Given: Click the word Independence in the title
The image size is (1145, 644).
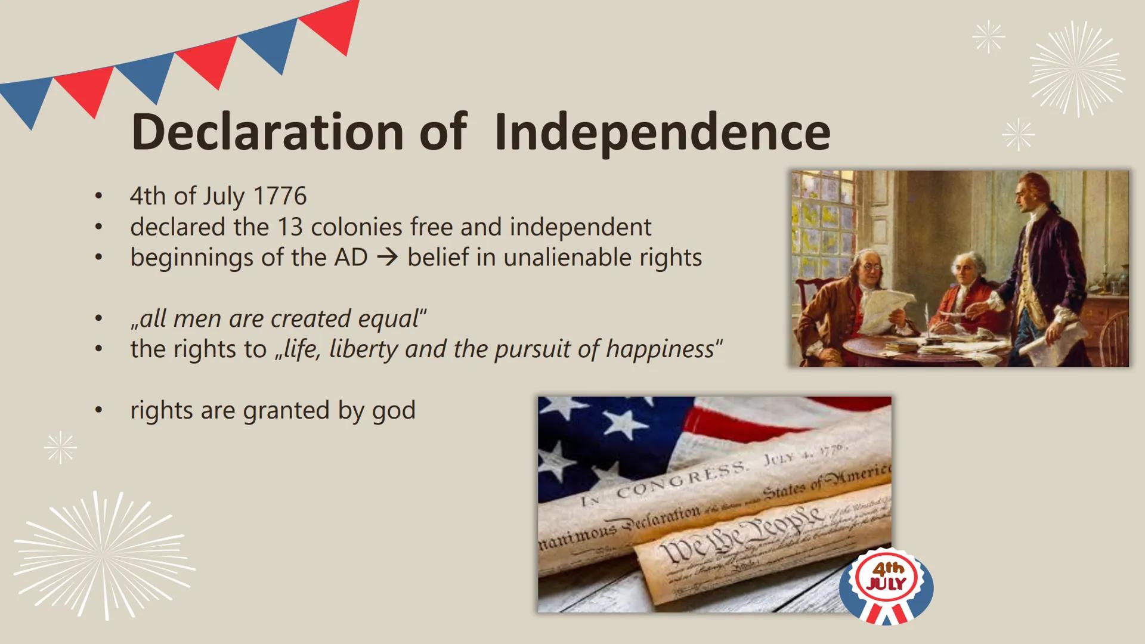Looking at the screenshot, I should (x=662, y=132).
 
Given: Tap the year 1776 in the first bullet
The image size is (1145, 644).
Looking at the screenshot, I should (x=280, y=196).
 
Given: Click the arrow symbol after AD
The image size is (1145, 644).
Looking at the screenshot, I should (x=388, y=258).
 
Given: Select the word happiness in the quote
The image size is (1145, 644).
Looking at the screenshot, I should (x=660, y=349).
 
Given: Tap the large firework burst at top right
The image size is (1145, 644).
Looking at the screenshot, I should (x=1076, y=69).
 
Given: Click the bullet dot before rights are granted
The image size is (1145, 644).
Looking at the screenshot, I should (x=99, y=411).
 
